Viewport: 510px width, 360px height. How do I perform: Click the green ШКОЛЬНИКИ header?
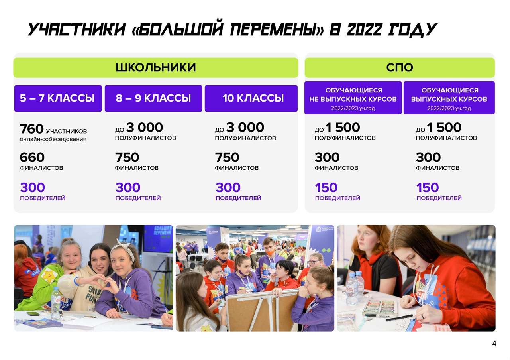tap(156, 67)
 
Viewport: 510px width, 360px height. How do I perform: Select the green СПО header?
tap(400, 67)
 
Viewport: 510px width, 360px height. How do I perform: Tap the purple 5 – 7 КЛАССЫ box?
tap(58, 98)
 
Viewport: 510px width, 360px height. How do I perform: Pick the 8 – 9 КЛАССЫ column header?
tap(153, 98)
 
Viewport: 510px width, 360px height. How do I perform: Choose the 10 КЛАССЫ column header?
tap(251, 98)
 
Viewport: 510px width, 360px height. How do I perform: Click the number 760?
tap(31, 129)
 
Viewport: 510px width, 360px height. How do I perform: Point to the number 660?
tap(32, 157)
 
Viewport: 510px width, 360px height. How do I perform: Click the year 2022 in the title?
tap(364, 30)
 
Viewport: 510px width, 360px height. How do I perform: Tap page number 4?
tap(494, 343)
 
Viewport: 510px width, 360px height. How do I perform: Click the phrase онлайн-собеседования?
tap(53, 139)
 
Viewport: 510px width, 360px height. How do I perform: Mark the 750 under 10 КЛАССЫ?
tap(227, 157)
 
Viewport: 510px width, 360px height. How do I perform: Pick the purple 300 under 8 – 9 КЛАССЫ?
tap(128, 187)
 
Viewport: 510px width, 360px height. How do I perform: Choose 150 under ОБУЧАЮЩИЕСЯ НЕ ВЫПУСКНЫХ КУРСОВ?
tap(326, 187)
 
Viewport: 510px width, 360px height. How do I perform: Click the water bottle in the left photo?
tap(56, 303)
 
